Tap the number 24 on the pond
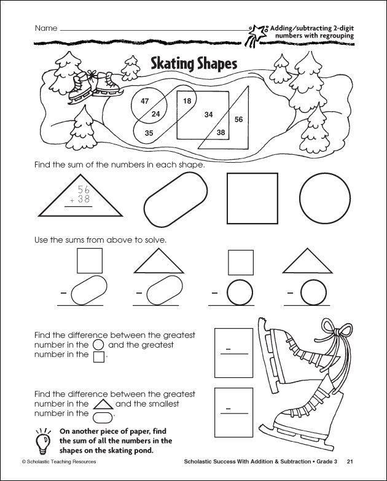(155, 114)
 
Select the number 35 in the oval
(149, 132)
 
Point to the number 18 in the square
(187, 100)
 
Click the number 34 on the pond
(209, 114)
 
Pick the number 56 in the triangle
(239, 119)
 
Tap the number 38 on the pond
(221, 131)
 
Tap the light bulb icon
(44, 440)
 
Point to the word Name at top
(46, 28)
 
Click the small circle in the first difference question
(98, 345)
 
